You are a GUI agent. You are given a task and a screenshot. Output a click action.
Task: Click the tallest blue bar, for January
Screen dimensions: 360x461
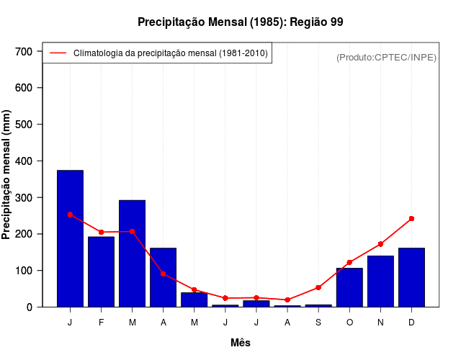70,238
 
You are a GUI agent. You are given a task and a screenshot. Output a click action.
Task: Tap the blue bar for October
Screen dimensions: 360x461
349,287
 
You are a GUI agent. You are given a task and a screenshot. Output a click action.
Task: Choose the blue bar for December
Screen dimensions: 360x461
411,277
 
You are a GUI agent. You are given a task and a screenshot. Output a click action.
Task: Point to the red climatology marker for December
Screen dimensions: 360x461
411,218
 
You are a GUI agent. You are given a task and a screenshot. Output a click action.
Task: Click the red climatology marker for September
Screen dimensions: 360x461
318,287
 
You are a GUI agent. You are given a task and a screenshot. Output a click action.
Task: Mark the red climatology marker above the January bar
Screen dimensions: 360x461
70,215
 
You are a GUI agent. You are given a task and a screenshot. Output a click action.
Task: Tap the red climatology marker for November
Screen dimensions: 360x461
380,244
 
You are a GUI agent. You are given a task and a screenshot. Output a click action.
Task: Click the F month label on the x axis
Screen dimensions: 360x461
101,323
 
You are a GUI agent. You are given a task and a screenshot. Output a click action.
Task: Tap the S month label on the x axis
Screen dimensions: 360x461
318,323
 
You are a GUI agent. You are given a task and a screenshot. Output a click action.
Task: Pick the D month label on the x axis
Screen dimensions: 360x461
411,323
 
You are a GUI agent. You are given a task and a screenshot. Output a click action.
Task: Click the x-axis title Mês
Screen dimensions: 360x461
241,343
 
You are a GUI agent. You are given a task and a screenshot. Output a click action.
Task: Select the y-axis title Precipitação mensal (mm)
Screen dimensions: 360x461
7,179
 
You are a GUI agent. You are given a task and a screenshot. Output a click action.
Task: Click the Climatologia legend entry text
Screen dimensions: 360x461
170,53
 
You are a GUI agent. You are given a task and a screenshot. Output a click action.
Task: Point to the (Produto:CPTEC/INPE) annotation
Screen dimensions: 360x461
386,57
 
